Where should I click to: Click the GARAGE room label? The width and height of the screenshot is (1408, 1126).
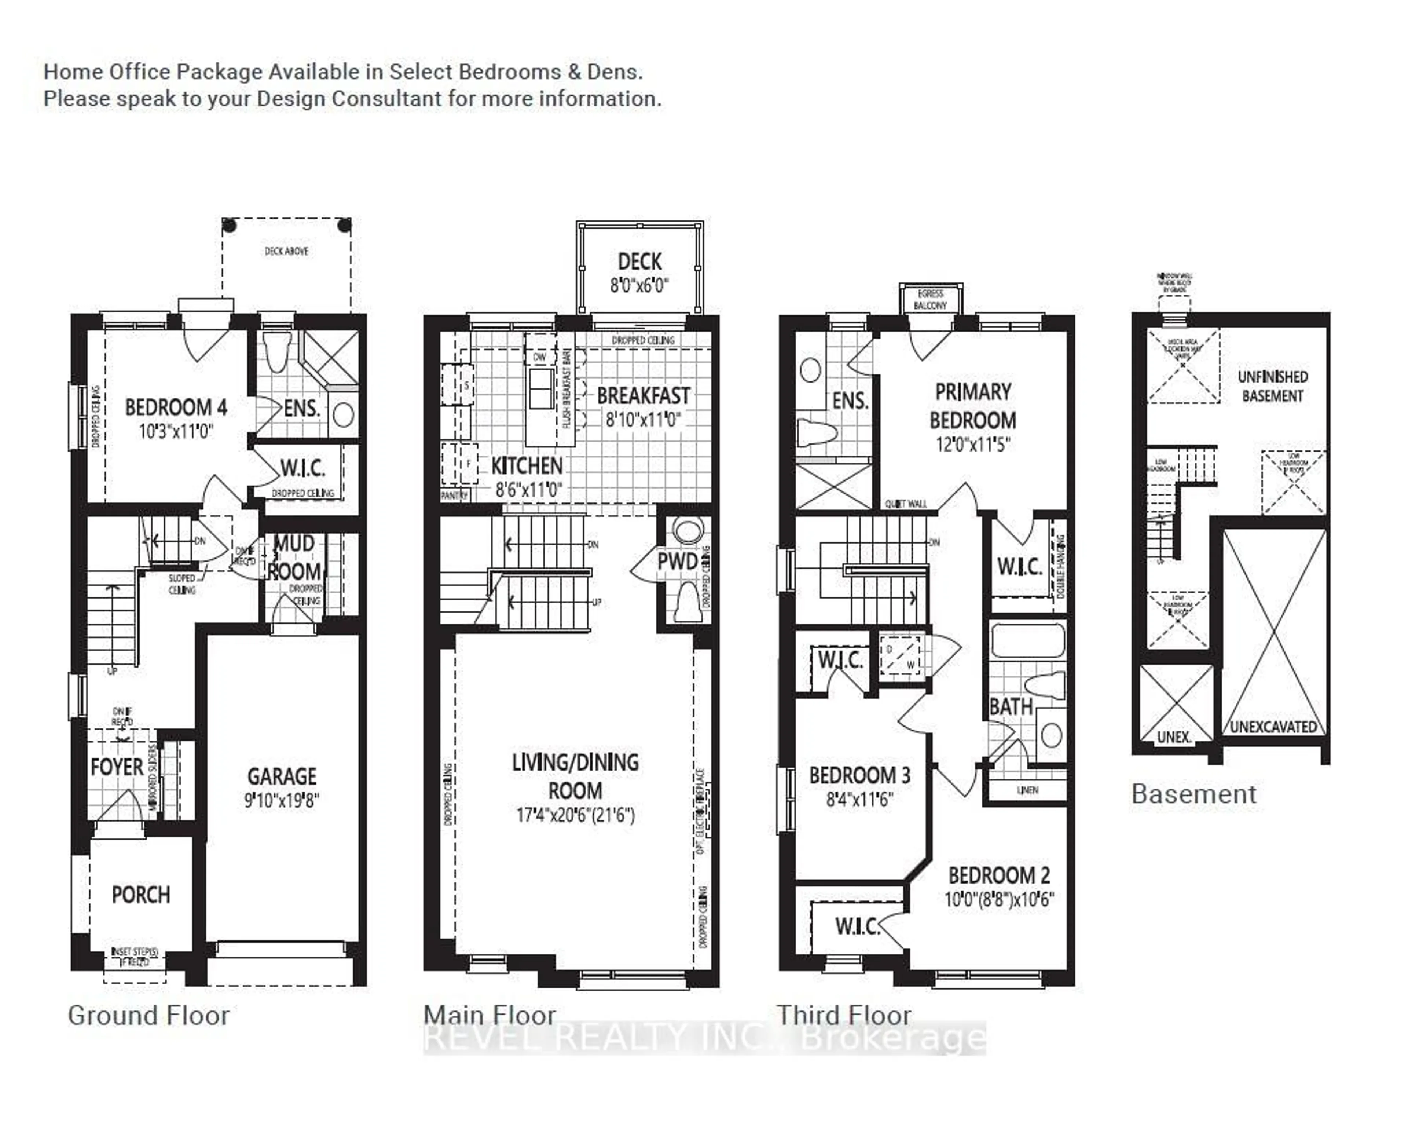282,776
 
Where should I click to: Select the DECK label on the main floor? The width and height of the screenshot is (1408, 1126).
639,262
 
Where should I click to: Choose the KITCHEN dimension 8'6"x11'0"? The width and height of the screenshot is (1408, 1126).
528,489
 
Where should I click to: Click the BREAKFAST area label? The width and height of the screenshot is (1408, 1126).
643,396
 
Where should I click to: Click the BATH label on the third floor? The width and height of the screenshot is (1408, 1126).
1010,707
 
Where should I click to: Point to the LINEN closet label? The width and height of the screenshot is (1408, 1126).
1027,790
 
